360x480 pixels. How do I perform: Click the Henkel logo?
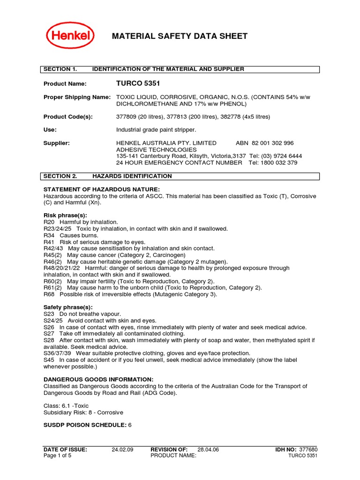point(70,36)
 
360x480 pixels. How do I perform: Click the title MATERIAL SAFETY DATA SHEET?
point(179,37)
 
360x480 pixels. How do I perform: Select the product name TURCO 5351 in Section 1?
point(138,83)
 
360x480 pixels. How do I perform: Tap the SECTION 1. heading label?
point(60,69)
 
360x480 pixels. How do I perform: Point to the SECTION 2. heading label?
point(60,176)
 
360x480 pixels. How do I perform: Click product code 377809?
point(127,117)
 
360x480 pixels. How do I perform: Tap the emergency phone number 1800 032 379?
point(279,163)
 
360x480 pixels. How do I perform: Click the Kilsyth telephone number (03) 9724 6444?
point(282,156)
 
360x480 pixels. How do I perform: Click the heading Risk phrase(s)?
point(65,215)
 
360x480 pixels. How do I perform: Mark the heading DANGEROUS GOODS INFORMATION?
point(98,379)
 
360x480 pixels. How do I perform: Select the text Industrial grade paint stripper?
point(156,130)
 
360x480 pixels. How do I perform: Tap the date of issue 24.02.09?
point(122,450)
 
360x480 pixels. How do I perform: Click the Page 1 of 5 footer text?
point(58,456)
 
